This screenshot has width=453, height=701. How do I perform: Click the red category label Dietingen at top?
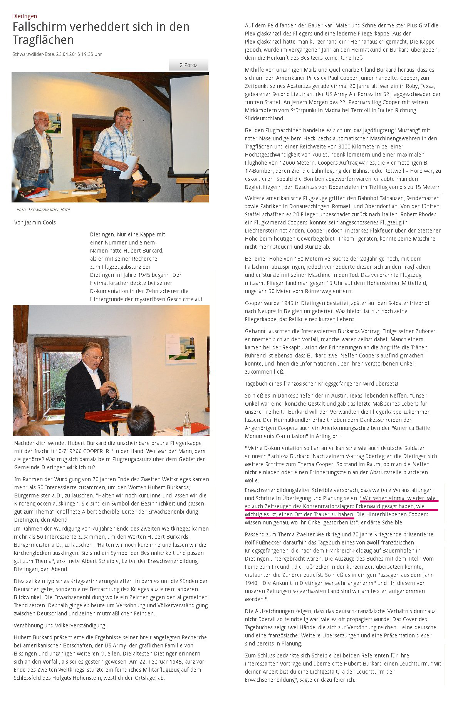pyautogui.click(x=25, y=16)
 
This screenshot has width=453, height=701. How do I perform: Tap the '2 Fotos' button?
pyautogui.click(x=188, y=65)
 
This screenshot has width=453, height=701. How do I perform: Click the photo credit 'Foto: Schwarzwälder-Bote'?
pyautogui.click(x=43, y=210)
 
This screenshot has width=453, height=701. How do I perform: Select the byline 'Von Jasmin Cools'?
pyautogui.click(x=35, y=222)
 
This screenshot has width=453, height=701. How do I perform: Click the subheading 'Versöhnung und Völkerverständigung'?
pyautogui.click(x=59, y=625)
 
